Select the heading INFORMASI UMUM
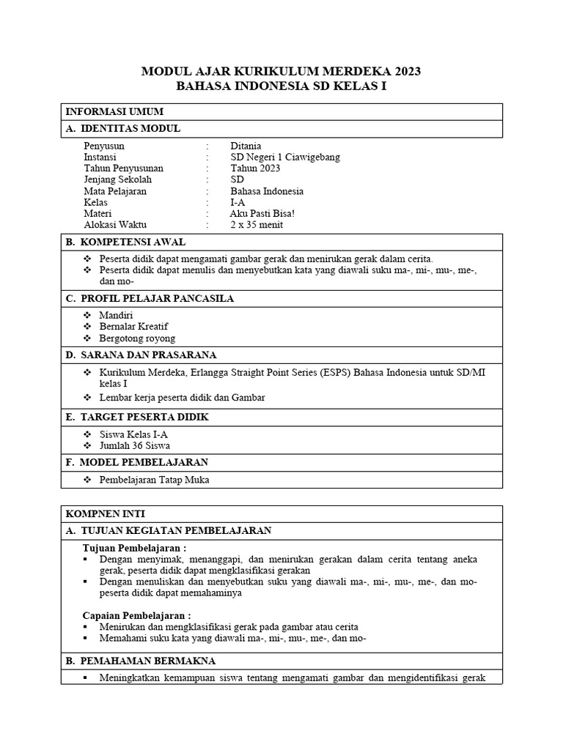[114, 111]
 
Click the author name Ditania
[246, 146]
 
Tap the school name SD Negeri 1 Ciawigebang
[284, 157]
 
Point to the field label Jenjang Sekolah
[118, 179]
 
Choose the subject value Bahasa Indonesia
[266, 191]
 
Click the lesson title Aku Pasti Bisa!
[262, 213]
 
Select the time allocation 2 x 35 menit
[257, 225]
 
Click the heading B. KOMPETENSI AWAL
[125, 242]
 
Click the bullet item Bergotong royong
[137, 338]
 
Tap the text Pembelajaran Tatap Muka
[154, 480]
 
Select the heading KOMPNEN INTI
[106, 513]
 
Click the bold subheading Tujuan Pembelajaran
[134, 548]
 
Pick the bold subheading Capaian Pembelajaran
[136, 615]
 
